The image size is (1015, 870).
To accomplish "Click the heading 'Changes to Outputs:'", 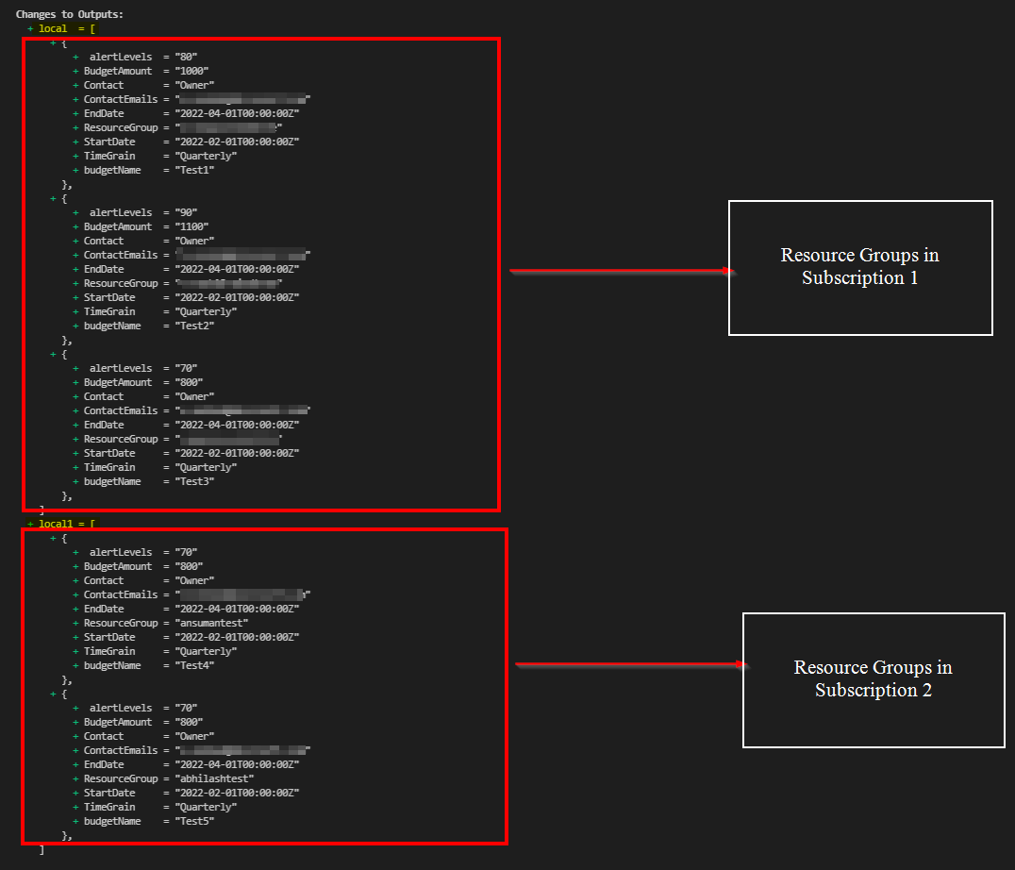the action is click(69, 15).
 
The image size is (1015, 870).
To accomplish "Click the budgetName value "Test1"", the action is click(194, 171).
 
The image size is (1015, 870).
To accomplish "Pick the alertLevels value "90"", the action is click(186, 213).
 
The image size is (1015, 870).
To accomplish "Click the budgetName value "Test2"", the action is click(194, 326).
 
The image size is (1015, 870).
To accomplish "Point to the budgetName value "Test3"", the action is click(194, 482).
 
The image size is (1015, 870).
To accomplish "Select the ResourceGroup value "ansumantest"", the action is click(211, 624).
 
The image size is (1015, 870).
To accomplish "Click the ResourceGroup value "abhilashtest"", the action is click(214, 779).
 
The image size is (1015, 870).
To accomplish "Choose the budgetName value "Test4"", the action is click(194, 666).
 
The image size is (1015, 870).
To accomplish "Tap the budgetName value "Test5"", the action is click(194, 822).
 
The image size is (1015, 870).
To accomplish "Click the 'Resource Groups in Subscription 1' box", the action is click(860, 267).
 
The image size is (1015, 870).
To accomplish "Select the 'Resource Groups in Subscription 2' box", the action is click(873, 679).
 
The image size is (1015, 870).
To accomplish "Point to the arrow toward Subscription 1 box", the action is click(621, 272).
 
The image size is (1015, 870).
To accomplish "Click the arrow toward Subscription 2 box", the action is click(630, 665).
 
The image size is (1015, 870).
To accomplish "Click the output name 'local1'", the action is click(55, 524).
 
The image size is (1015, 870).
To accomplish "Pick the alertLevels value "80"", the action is click(186, 58).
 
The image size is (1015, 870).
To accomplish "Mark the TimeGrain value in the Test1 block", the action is click(206, 157).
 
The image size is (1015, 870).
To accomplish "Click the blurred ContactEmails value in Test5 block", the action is click(242, 751).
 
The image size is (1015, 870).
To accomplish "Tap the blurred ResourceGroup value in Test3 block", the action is click(228, 440).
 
